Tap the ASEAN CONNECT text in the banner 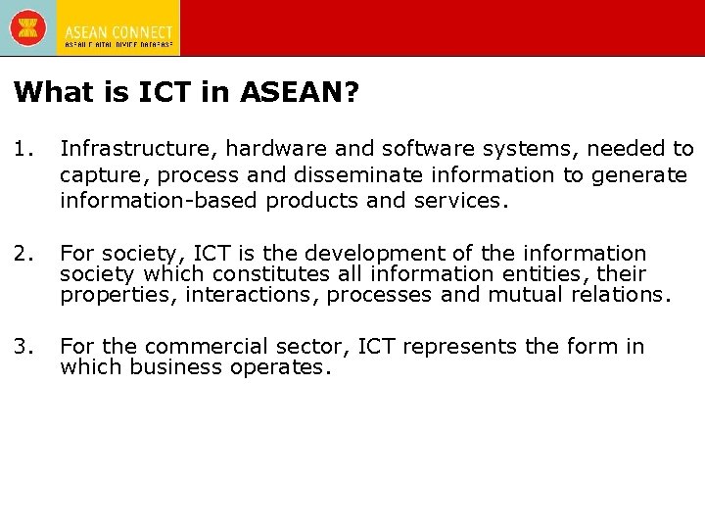[118, 32]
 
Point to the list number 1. [24, 149]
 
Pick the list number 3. [24, 347]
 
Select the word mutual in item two [516, 295]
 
